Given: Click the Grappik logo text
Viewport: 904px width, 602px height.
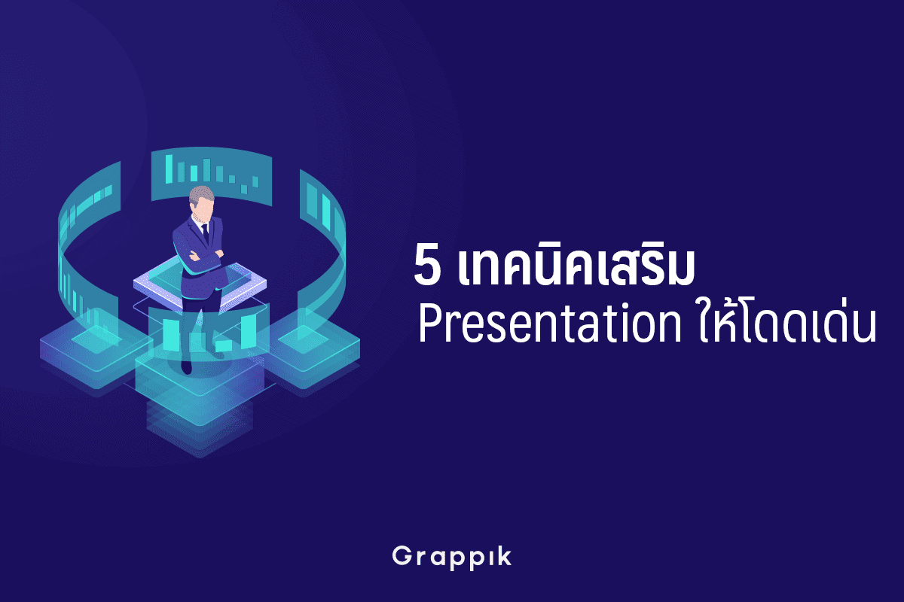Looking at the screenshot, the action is tap(451, 558).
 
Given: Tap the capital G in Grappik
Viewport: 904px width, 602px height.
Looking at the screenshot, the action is tap(403, 555).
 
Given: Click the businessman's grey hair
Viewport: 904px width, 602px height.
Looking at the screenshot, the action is tap(201, 194).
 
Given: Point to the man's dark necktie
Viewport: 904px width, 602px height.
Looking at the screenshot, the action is tap(205, 233).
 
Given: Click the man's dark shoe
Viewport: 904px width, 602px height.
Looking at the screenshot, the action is tap(186, 366).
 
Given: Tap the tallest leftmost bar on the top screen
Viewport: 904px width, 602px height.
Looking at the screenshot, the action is tap(169, 169).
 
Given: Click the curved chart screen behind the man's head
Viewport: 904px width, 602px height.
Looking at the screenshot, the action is tap(212, 177).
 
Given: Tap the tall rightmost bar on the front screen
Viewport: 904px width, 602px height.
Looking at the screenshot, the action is tap(249, 331).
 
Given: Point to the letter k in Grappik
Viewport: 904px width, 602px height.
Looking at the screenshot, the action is tap(503, 555).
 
